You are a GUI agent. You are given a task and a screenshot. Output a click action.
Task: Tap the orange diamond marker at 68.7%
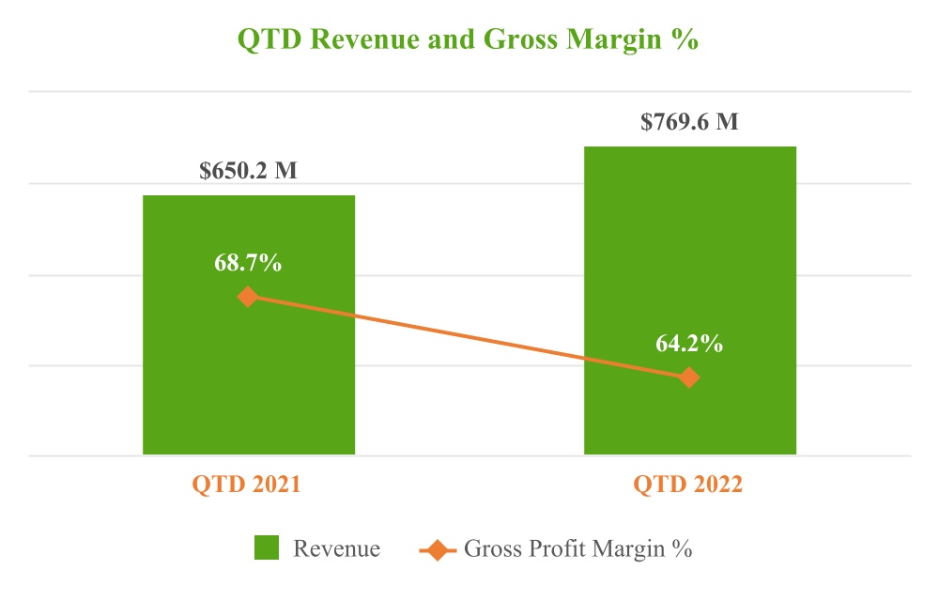[x=248, y=297]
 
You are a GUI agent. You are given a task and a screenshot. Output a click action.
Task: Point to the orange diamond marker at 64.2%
[x=689, y=378]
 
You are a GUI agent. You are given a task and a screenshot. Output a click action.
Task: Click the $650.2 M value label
[x=248, y=172]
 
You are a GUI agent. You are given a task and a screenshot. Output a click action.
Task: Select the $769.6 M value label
[x=689, y=122]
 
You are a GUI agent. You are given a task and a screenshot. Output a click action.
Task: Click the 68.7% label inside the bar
[x=248, y=263]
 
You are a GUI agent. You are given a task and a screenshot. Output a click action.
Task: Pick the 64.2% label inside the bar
[x=689, y=344]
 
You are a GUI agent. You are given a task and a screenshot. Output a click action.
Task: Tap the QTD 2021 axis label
[x=246, y=485]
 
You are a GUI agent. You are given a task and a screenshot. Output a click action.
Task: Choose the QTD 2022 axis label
[x=687, y=485]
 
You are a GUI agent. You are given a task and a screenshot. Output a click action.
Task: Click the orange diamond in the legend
[x=438, y=548]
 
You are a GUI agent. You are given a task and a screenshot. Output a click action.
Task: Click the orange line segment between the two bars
[x=469, y=337]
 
